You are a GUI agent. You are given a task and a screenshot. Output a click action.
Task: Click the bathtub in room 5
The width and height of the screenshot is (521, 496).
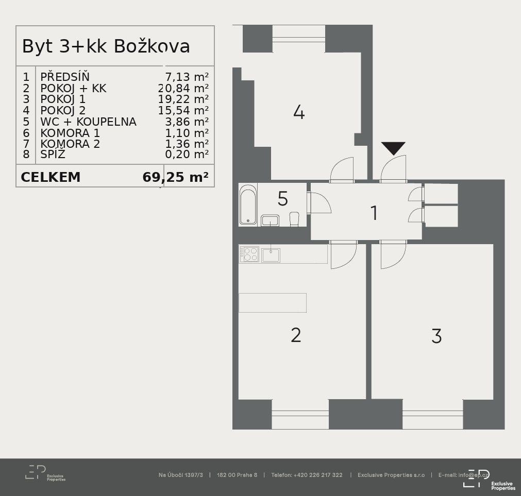pyautogui.click(x=248, y=204)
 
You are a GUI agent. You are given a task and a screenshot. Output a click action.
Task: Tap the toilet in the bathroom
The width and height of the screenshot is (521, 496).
pyautogui.click(x=294, y=219)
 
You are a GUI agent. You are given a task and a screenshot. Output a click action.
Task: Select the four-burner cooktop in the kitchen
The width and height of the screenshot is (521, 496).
pyautogui.click(x=249, y=254)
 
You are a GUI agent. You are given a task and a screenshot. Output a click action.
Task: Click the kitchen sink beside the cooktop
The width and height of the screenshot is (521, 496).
pyautogui.click(x=271, y=255)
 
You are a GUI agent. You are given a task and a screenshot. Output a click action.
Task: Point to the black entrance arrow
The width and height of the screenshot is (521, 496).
pyautogui.click(x=393, y=148)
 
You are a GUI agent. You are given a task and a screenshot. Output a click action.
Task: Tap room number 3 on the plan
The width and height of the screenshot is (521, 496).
pyautogui.click(x=436, y=336)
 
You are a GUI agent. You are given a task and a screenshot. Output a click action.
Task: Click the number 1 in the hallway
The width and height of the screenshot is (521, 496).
pyautogui.click(x=374, y=213)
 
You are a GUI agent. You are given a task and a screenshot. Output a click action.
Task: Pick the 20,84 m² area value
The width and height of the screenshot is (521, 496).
pyautogui.click(x=183, y=88)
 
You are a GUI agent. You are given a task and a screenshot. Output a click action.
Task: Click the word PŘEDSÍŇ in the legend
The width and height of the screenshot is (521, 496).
pyautogui.click(x=65, y=77)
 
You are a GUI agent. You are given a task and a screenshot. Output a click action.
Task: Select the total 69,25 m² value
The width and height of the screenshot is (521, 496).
pyautogui.click(x=175, y=177)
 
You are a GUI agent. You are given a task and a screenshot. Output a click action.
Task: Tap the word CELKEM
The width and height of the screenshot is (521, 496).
pyautogui.click(x=51, y=177)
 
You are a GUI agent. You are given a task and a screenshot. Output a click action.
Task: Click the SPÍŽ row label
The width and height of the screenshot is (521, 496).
pyautogui.click(x=53, y=154)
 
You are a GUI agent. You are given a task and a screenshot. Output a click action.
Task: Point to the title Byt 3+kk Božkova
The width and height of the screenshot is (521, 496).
pyautogui.click(x=106, y=46)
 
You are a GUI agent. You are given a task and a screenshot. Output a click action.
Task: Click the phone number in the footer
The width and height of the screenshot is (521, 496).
pyautogui.click(x=307, y=475)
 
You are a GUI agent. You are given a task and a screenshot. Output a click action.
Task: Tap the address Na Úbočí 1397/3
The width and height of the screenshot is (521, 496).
pyautogui.click(x=181, y=475)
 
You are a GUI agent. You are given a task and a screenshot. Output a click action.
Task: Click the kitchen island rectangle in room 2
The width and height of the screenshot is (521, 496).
pyautogui.click(x=273, y=303)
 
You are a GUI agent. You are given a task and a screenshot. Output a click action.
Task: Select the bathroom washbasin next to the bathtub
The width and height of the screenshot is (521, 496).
pyautogui.click(x=270, y=220)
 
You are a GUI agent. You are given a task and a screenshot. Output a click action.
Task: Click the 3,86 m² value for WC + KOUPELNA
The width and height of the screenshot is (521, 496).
pyautogui.click(x=187, y=122)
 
